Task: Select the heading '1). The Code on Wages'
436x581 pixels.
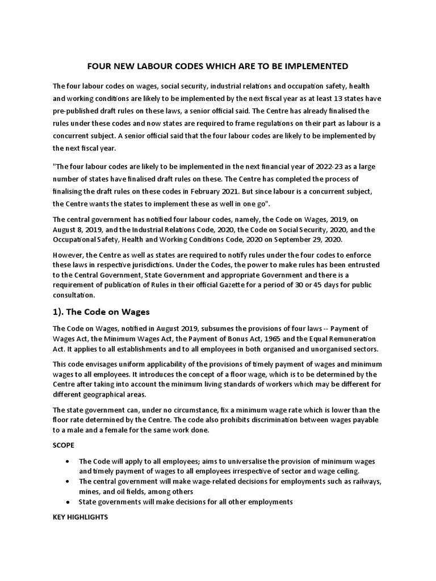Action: pyautogui.click(x=100, y=311)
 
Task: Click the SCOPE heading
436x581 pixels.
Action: pyautogui.click(x=64, y=446)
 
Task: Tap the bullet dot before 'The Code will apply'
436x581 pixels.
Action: pyautogui.click(x=69, y=461)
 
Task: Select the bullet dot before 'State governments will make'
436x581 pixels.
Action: pyautogui.click(x=69, y=502)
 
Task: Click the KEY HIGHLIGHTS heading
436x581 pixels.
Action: pyautogui.click(x=80, y=518)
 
